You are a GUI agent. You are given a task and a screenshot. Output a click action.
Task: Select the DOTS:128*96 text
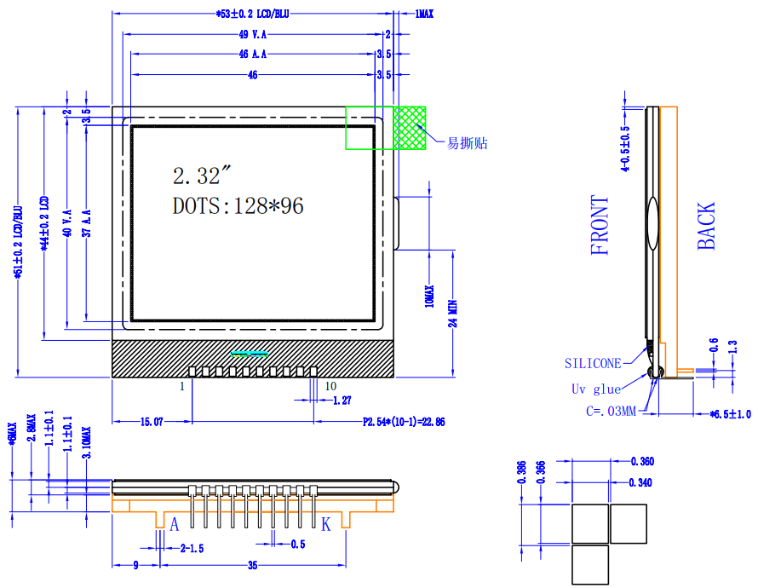click(x=238, y=205)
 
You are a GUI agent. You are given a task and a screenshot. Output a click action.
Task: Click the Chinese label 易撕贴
click(x=468, y=143)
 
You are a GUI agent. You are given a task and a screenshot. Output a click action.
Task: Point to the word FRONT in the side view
click(x=601, y=226)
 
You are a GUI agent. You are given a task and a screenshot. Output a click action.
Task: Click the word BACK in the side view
click(x=707, y=227)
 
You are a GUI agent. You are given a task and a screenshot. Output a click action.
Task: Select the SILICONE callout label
click(x=593, y=363)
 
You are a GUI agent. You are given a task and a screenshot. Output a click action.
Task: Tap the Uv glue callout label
click(x=595, y=389)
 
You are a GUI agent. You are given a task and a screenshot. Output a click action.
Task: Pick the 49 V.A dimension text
click(x=254, y=34)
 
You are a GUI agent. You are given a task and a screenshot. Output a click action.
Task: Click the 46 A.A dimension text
click(x=254, y=54)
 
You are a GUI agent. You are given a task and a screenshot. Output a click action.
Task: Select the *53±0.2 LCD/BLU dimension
click(x=253, y=14)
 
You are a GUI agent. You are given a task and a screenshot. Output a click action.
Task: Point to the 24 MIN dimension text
click(x=453, y=313)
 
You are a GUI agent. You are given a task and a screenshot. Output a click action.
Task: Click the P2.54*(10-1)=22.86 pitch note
click(x=404, y=422)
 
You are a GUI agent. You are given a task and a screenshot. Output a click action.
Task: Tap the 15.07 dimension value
click(x=151, y=422)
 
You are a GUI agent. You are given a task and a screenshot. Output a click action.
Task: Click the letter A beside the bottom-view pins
click(x=175, y=525)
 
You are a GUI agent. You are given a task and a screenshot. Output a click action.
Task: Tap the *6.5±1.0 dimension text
click(x=731, y=414)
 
